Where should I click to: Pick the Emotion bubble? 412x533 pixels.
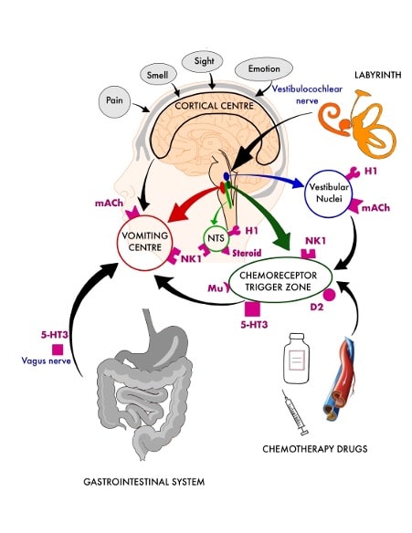pyautogui.click(x=262, y=69)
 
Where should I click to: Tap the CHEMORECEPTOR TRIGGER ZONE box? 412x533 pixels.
pyautogui.click(x=281, y=281)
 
